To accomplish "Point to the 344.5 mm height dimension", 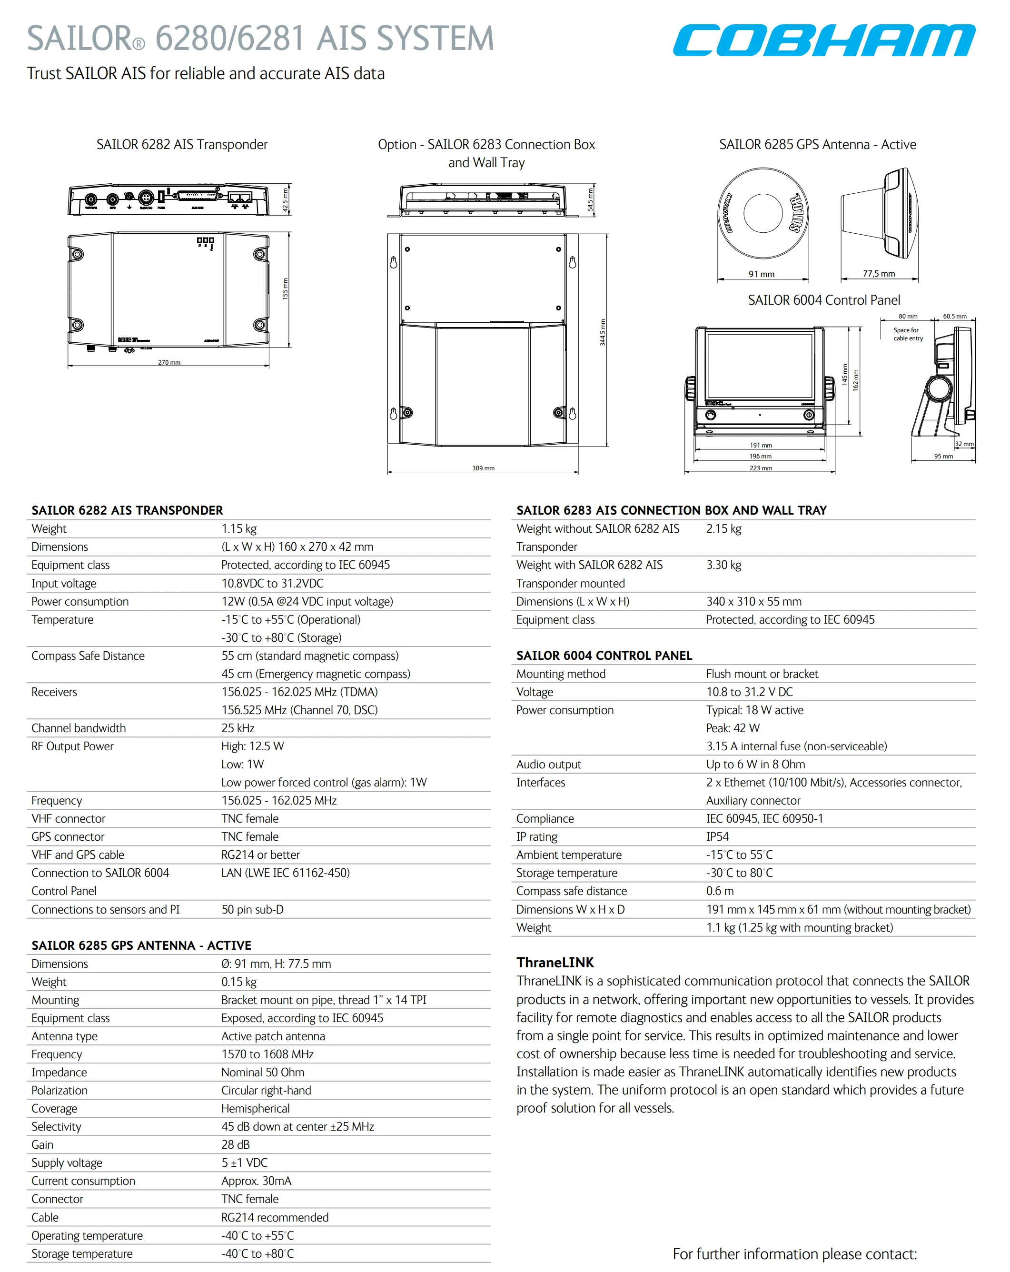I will click(603, 333).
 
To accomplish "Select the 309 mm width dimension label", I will click(483, 468).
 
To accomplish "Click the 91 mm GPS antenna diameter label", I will click(761, 274).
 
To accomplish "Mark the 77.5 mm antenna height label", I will click(879, 274).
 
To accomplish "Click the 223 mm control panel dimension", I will click(761, 468).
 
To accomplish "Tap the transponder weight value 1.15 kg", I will click(239, 528).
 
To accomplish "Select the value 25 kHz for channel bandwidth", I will click(238, 728).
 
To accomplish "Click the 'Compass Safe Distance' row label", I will click(88, 656).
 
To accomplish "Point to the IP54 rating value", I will click(717, 836).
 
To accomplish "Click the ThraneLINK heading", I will click(555, 962).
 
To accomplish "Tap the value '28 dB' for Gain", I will click(236, 1144).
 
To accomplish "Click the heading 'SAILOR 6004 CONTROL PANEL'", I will click(604, 656).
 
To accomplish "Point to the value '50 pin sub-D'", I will click(252, 909).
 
